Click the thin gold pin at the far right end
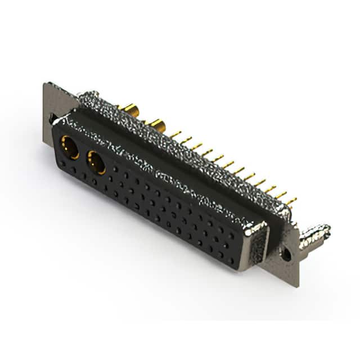pos(291,201)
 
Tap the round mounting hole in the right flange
pos(287,254)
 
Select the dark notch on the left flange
pos(52,119)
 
